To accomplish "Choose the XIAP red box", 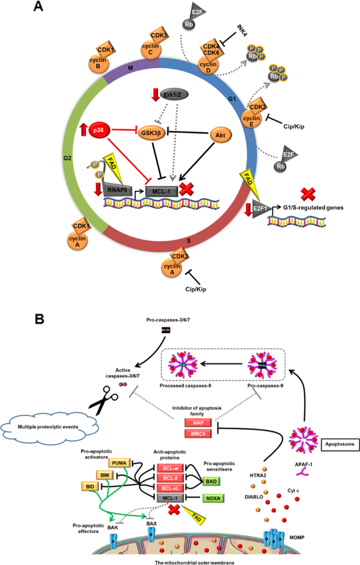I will pos(197,422).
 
